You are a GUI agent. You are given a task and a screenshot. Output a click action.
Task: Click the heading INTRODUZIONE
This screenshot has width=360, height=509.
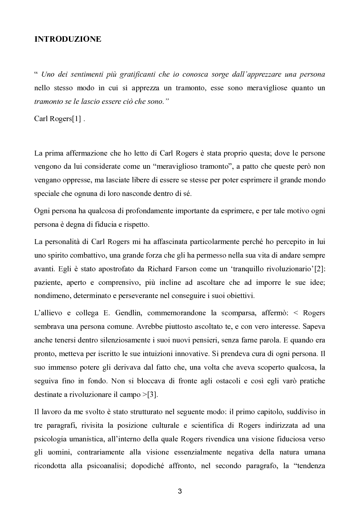(68, 39)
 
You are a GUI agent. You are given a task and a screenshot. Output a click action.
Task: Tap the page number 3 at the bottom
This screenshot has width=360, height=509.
(180, 491)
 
